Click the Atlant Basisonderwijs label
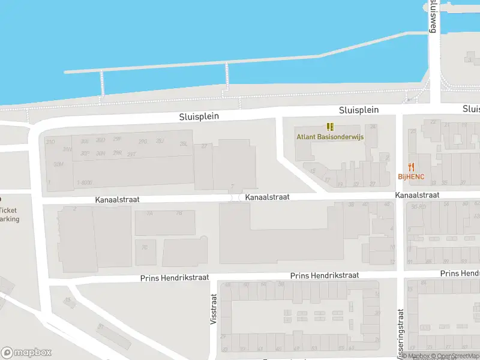coord(329,136)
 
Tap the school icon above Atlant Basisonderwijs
coord(329,126)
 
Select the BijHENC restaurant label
coord(411,176)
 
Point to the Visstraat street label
coord(213,309)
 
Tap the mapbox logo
coord(26,353)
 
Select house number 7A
coord(150,213)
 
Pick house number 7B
coord(179,213)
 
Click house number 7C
coord(145,247)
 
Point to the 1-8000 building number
coord(84,182)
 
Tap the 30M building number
coord(58,164)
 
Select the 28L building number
coord(184,143)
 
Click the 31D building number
coord(51,142)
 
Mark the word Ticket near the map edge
coord(8,210)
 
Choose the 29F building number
coord(118,139)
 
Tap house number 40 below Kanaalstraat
coord(365,205)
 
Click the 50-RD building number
coord(419,206)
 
